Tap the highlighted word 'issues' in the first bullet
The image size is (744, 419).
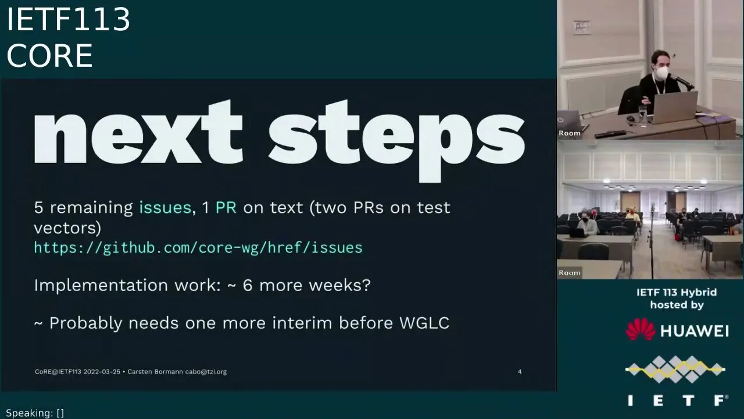click(x=165, y=207)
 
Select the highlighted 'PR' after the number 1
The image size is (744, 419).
click(x=226, y=207)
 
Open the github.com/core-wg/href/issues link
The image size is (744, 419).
click(x=198, y=247)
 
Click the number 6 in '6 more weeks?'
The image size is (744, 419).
click(x=248, y=285)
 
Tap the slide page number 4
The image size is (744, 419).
click(x=520, y=371)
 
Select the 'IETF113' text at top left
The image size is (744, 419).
click(x=68, y=20)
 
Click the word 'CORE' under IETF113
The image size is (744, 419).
click(x=49, y=56)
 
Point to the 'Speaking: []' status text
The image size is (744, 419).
click(x=35, y=413)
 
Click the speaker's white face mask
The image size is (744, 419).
click(x=662, y=73)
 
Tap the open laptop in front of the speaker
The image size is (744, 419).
click(x=674, y=106)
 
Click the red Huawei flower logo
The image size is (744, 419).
click(x=640, y=329)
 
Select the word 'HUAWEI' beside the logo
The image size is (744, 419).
click(x=695, y=331)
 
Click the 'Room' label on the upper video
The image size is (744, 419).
click(x=570, y=133)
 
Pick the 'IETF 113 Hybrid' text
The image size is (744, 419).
click(x=677, y=292)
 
